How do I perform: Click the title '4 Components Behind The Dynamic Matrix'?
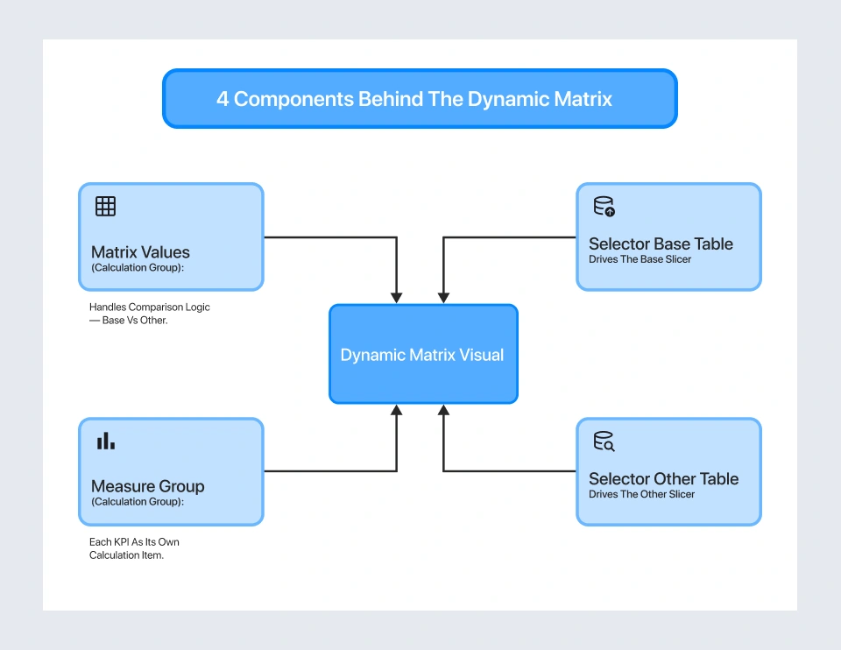click(414, 99)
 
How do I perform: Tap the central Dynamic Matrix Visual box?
click(422, 355)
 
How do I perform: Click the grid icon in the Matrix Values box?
click(105, 207)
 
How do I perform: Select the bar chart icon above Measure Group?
click(105, 442)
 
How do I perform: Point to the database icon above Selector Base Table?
click(604, 207)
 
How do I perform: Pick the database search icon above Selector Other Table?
click(604, 442)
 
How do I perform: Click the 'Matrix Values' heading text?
click(140, 252)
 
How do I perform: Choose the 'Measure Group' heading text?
click(147, 486)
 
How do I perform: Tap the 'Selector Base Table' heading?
click(661, 244)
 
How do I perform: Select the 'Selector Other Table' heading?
click(663, 479)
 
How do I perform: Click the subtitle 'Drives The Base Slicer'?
click(640, 259)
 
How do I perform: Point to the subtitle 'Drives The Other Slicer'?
click(641, 494)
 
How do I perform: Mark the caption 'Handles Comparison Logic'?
click(150, 307)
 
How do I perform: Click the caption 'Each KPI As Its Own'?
click(134, 542)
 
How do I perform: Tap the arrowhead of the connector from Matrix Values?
click(397, 299)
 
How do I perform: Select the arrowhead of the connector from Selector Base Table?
click(443, 299)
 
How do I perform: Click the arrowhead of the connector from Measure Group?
click(397, 409)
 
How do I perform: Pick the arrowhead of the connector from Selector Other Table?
click(443, 409)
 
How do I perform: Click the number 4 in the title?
click(223, 99)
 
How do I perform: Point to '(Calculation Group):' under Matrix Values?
click(138, 268)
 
